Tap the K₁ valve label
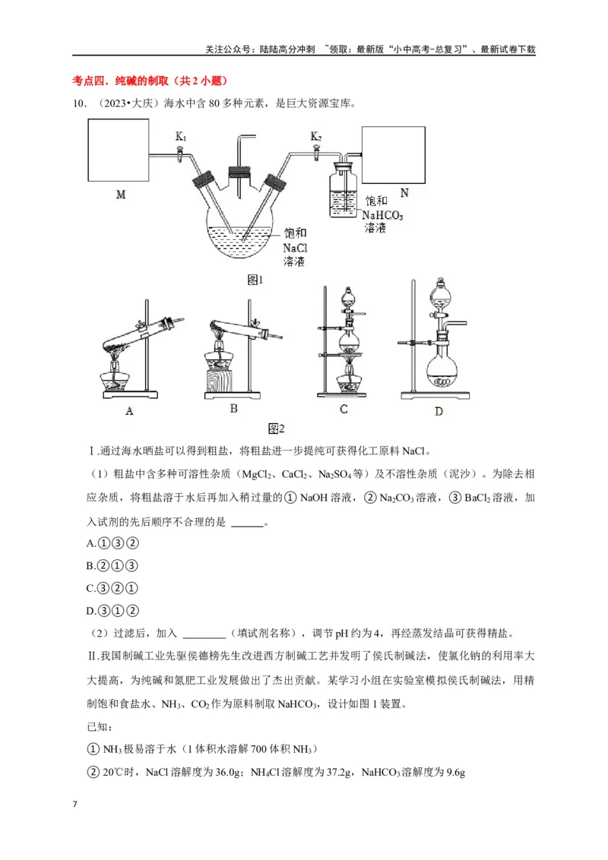coord(181,137)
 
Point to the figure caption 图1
coord(255,280)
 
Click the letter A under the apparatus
coord(129,411)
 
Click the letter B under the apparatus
coord(233,408)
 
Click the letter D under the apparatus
coord(439,411)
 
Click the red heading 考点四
coord(90,81)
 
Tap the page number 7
coord(74,805)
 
